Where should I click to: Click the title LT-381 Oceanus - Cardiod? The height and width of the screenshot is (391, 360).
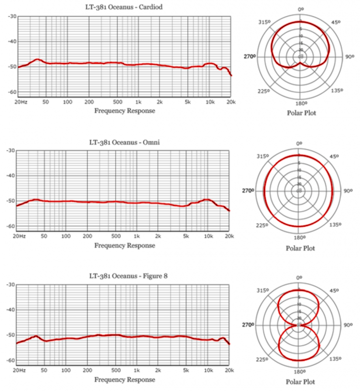tap(125, 7)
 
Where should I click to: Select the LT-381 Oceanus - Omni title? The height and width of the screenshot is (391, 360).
tap(125, 142)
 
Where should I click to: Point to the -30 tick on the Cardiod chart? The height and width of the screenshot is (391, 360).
tap(12, 17)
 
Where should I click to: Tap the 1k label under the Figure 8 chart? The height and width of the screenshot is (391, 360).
tap(138, 370)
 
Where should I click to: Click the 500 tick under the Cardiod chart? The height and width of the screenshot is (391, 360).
tap(117, 102)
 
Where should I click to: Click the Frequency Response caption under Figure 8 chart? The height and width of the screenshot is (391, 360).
tap(125, 379)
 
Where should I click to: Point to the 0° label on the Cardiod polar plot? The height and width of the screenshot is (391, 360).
tap(300, 9)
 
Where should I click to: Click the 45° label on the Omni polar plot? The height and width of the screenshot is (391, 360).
tap(335, 156)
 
